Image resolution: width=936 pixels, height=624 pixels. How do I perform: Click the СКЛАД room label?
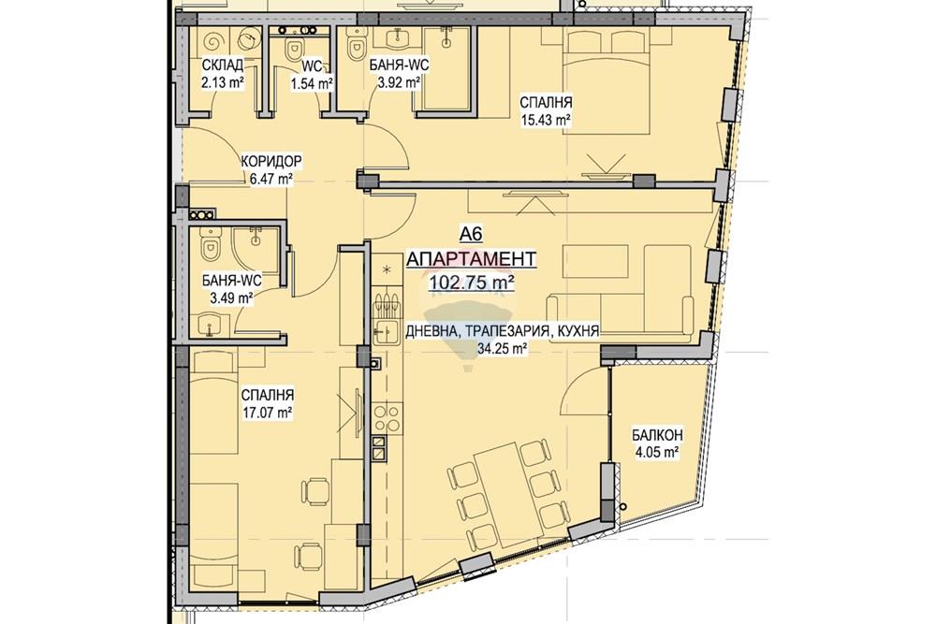coord(223,65)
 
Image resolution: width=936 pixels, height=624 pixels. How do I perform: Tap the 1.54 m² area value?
coord(312,84)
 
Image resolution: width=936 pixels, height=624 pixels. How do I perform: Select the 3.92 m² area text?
coord(400,83)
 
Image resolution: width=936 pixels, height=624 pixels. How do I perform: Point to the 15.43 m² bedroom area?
coord(547,120)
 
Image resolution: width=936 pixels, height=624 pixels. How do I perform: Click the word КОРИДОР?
coord(271,161)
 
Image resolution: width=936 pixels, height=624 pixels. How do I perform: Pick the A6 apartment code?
coord(471,235)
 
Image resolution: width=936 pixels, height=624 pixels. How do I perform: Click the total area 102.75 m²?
coord(472,283)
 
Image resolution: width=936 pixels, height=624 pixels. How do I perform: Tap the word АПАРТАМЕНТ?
coord(471,259)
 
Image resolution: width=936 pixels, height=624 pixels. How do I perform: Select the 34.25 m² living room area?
coord(502,349)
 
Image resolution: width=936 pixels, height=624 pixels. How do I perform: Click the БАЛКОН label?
coord(658,435)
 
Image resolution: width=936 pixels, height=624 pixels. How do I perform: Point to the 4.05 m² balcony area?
coord(657,453)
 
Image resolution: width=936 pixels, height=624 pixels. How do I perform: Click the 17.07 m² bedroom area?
coord(268,412)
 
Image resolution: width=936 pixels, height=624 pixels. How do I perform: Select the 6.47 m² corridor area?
coord(271,178)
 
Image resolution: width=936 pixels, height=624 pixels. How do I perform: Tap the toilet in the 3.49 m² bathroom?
coord(210,247)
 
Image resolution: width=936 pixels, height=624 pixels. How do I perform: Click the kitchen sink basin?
coord(386,331)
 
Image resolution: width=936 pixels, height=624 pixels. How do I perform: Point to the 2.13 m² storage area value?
coord(224,82)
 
